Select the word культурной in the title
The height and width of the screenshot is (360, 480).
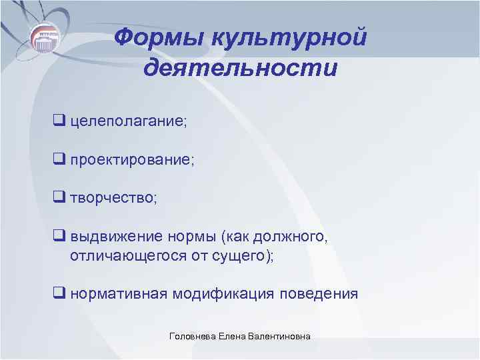tap(288, 37)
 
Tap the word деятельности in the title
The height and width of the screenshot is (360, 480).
tap(240, 68)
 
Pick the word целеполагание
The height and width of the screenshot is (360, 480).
tap(129, 122)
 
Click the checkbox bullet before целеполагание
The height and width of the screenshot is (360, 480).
tap(59, 122)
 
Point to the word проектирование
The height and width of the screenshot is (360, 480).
tap(132, 161)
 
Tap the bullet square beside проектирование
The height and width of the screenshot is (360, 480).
tap(59, 161)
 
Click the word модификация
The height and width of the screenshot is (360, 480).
tap(224, 294)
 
